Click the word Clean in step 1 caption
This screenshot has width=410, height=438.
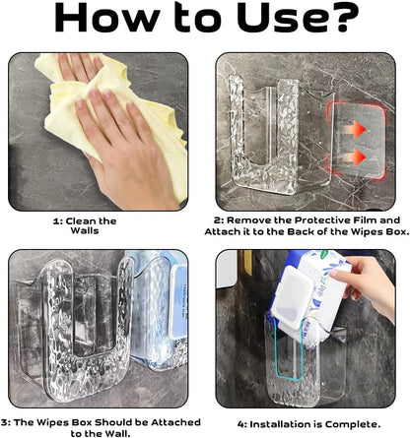pyautogui.click(x=81, y=221)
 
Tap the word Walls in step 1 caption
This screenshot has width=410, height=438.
pyautogui.click(x=85, y=230)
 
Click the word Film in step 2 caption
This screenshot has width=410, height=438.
pyautogui.click(x=365, y=219)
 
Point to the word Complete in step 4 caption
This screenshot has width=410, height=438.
pyautogui.click(x=353, y=424)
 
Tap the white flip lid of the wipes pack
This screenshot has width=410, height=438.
pyautogui.click(x=293, y=297)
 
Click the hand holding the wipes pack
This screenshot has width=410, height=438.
pyautogui.click(x=365, y=282)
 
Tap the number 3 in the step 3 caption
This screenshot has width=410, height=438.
pyautogui.click(x=4, y=422)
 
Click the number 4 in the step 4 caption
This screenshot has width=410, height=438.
pyautogui.click(x=241, y=424)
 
